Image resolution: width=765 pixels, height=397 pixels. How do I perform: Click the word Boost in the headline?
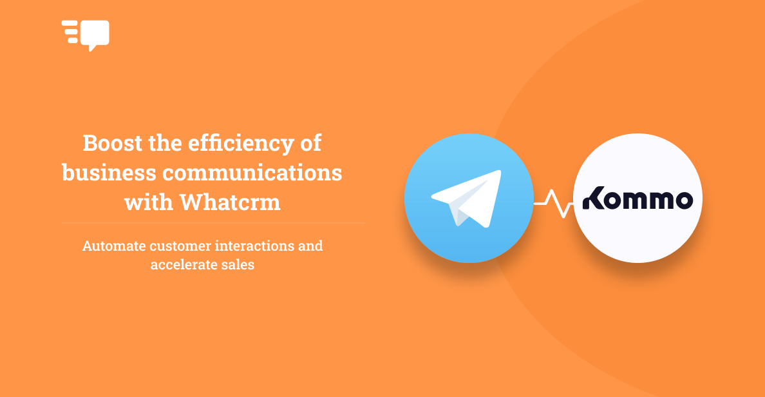(x=112, y=143)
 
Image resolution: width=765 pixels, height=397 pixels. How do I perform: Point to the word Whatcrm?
(x=230, y=202)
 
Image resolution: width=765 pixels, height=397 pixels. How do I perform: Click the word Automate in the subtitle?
(x=114, y=246)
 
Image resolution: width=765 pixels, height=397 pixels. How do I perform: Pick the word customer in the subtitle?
(x=180, y=246)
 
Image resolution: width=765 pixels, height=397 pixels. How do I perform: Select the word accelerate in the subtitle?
(x=181, y=265)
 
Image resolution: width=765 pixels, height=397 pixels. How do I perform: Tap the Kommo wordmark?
(x=637, y=198)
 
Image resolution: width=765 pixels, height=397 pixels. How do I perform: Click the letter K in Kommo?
(x=594, y=198)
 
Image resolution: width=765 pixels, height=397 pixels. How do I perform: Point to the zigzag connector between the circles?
(x=553, y=203)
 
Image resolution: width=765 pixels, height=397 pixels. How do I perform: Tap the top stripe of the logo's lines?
(x=70, y=23)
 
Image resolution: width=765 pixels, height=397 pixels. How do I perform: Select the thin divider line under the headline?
(x=213, y=223)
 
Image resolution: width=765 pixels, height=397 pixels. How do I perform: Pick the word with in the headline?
(x=148, y=202)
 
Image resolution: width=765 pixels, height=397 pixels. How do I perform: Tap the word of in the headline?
(x=311, y=143)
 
